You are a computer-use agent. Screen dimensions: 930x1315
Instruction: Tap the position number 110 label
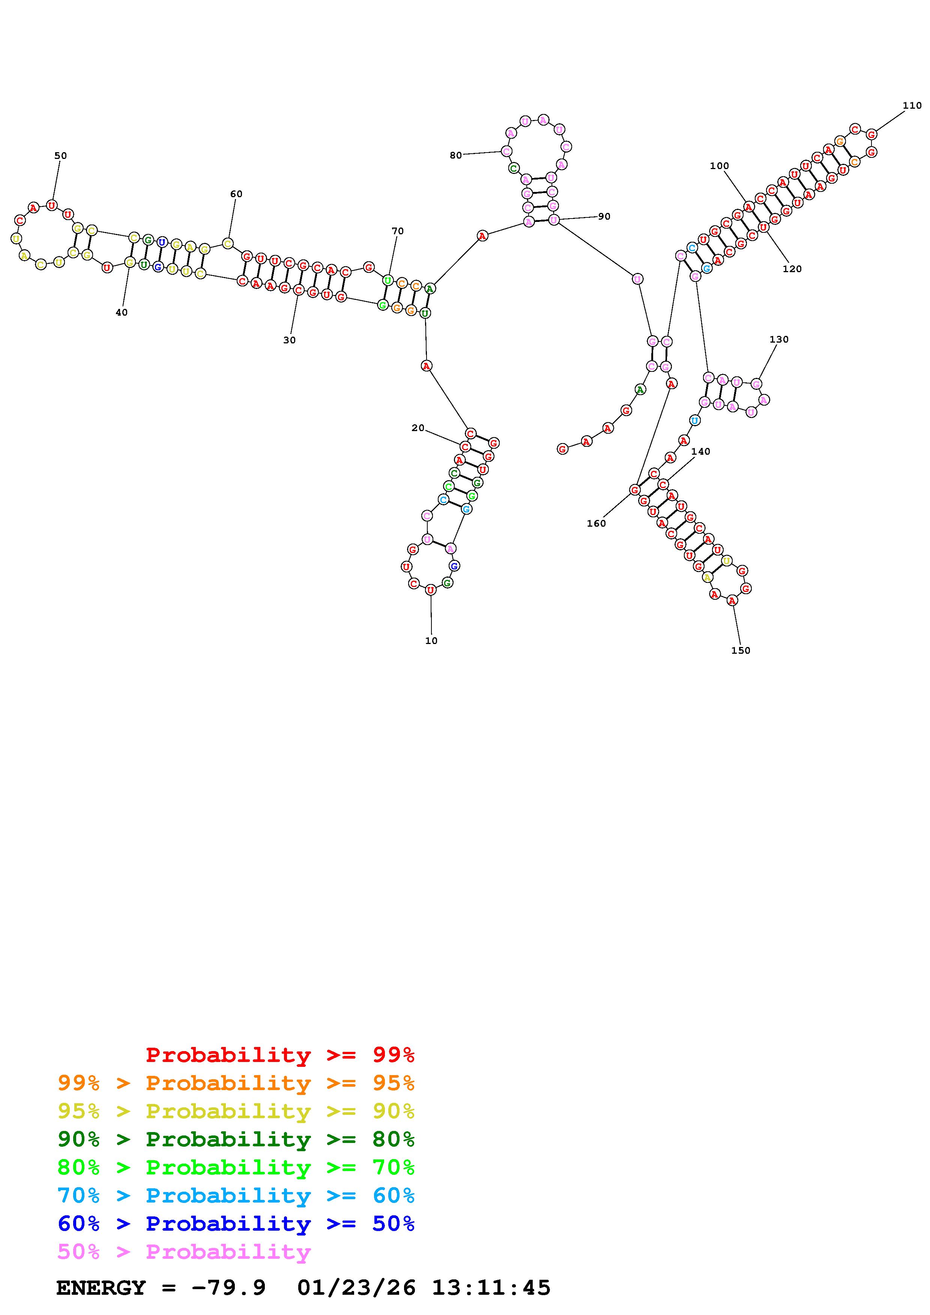coord(912,105)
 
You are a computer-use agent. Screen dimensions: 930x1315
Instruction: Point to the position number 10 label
coord(431,641)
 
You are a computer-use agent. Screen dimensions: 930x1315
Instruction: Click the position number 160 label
coord(596,523)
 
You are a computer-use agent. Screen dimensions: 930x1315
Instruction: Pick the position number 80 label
coord(455,155)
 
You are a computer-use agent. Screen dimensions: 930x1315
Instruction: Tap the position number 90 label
coord(604,217)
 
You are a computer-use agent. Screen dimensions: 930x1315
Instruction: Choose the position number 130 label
coord(779,340)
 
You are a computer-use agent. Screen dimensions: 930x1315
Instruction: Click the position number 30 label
coord(289,340)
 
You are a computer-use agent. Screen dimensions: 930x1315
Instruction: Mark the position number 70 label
coord(398,231)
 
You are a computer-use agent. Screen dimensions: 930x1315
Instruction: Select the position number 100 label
coord(719,166)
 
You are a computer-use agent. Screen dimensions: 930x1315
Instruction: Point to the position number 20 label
coord(418,428)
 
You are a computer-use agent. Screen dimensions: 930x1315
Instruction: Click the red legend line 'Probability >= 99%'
coord(280,1054)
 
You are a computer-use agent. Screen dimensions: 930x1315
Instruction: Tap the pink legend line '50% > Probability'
coord(184,1251)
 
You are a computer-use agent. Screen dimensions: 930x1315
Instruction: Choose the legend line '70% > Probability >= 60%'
coord(236,1195)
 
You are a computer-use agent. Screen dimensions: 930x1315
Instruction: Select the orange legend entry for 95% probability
coord(236,1083)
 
